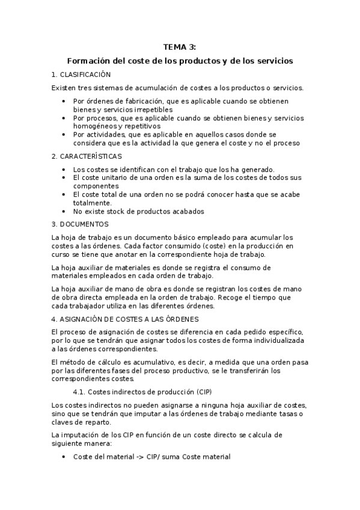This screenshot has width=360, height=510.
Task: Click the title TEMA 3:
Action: [x=180, y=48]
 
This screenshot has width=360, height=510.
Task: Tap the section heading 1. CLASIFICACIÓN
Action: [x=82, y=75]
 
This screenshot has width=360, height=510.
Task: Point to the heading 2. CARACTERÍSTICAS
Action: [x=87, y=156]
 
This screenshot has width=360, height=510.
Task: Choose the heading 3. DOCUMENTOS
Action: [x=80, y=224]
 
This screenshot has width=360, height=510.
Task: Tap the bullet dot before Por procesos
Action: [x=64, y=118]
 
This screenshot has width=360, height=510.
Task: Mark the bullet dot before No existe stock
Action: [x=64, y=212]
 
